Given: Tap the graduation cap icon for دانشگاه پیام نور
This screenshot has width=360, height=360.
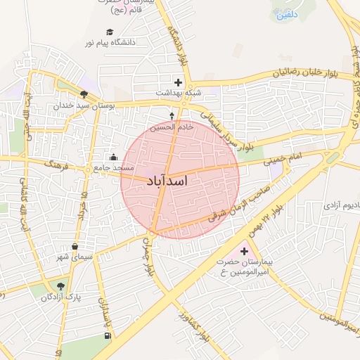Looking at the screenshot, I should [x=110, y=32].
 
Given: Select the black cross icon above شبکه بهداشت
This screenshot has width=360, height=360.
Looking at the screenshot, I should [x=179, y=82].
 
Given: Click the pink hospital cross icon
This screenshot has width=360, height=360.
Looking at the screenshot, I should [x=245, y=251].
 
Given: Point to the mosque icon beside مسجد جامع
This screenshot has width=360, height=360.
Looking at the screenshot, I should [x=114, y=157].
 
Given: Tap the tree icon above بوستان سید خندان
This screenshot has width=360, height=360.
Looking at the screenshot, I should [x=84, y=94].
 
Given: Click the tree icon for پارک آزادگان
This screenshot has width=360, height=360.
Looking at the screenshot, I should [x=60, y=286].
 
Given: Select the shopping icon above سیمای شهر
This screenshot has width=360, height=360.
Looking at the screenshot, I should [x=75, y=247].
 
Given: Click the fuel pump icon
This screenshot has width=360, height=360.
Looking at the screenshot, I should [x=107, y=335].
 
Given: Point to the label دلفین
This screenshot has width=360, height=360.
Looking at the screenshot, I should [x=287, y=14].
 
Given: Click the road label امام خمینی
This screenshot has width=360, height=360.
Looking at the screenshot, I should [x=283, y=160].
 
